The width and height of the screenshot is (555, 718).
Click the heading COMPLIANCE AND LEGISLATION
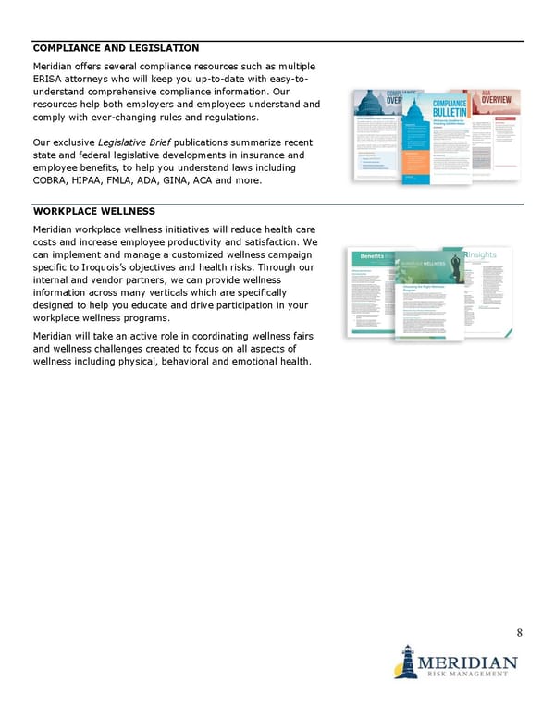point(116,47)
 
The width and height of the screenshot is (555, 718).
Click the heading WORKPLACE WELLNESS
point(93,211)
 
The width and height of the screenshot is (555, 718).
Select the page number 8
point(520,633)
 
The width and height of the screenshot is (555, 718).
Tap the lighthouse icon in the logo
point(404,661)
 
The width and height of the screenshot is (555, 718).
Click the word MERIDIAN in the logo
point(468,662)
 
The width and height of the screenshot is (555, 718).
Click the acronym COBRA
point(52,181)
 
